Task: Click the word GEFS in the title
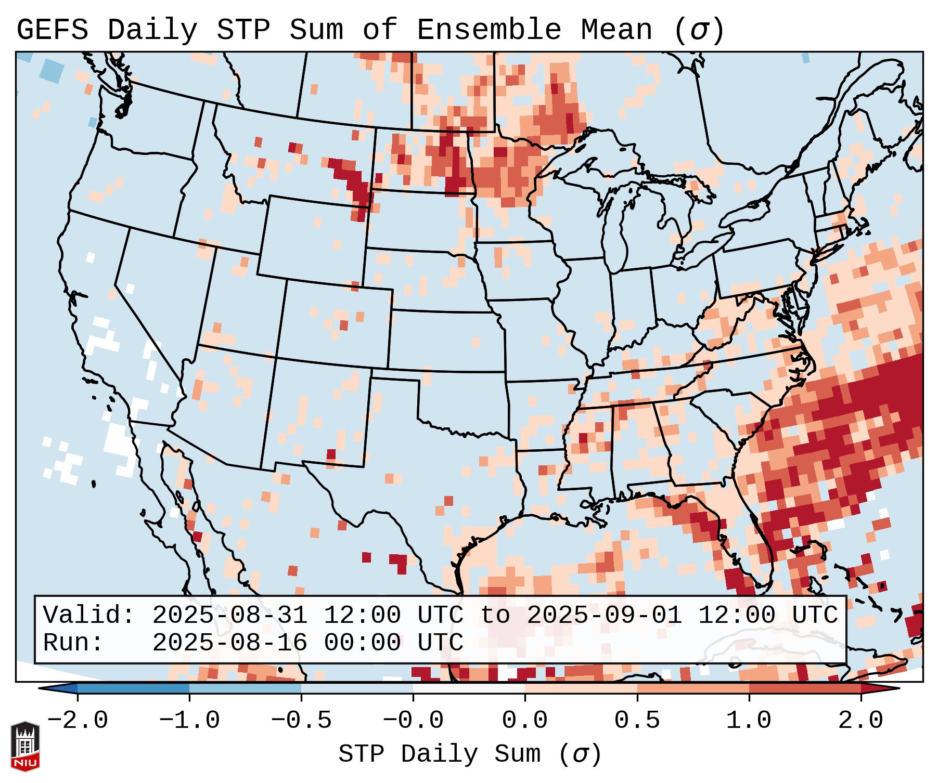pyautogui.click(x=52, y=30)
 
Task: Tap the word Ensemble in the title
pyautogui.click(x=489, y=30)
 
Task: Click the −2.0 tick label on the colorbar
pyautogui.click(x=78, y=721)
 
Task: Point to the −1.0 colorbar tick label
pyautogui.click(x=189, y=721)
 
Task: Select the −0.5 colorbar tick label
pyautogui.click(x=301, y=721)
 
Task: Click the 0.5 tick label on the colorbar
pyautogui.click(x=637, y=721)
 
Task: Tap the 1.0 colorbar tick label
pyautogui.click(x=749, y=721)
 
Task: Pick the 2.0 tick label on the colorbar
pyautogui.click(x=860, y=721)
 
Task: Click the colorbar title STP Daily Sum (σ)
pyautogui.click(x=470, y=754)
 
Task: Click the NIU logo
pyautogui.click(x=25, y=746)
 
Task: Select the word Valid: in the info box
pyautogui.click(x=88, y=615)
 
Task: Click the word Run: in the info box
pyautogui.click(x=73, y=643)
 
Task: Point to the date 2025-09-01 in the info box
pyautogui.click(x=604, y=615)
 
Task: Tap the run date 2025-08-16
pyautogui.click(x=229, y=643)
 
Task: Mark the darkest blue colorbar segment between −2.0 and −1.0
pyautogui.click(x=133, y=688)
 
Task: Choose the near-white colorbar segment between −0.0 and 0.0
pyautogui.click(x=469, y=688)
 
